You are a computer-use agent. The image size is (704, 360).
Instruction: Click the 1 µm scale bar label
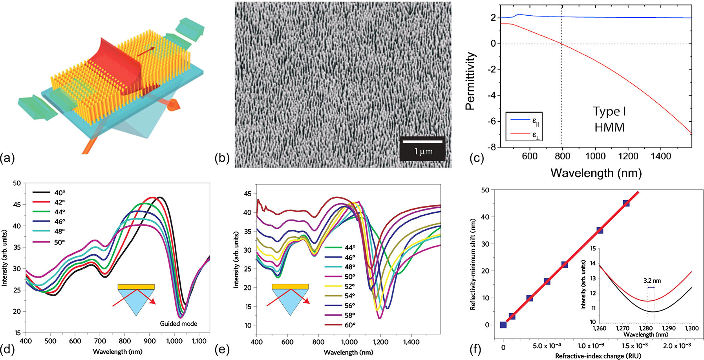pos(423,152)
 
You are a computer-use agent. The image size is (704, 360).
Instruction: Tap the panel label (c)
pos(476,158)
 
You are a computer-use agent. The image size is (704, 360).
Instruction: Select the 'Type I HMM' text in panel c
pos(609,119)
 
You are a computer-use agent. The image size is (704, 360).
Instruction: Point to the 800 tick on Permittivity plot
pos(562,156)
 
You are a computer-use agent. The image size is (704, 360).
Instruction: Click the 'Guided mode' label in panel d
pos(178,323)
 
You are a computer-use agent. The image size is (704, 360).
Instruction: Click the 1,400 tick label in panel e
pos(411,342)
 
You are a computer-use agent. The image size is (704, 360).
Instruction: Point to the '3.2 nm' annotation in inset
pos(652,281)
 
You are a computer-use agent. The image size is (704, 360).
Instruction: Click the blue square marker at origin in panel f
pos(503,325)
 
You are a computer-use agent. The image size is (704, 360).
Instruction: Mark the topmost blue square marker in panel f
pos(626,203)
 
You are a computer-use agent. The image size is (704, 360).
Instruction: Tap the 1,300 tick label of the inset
pos(691,328)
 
